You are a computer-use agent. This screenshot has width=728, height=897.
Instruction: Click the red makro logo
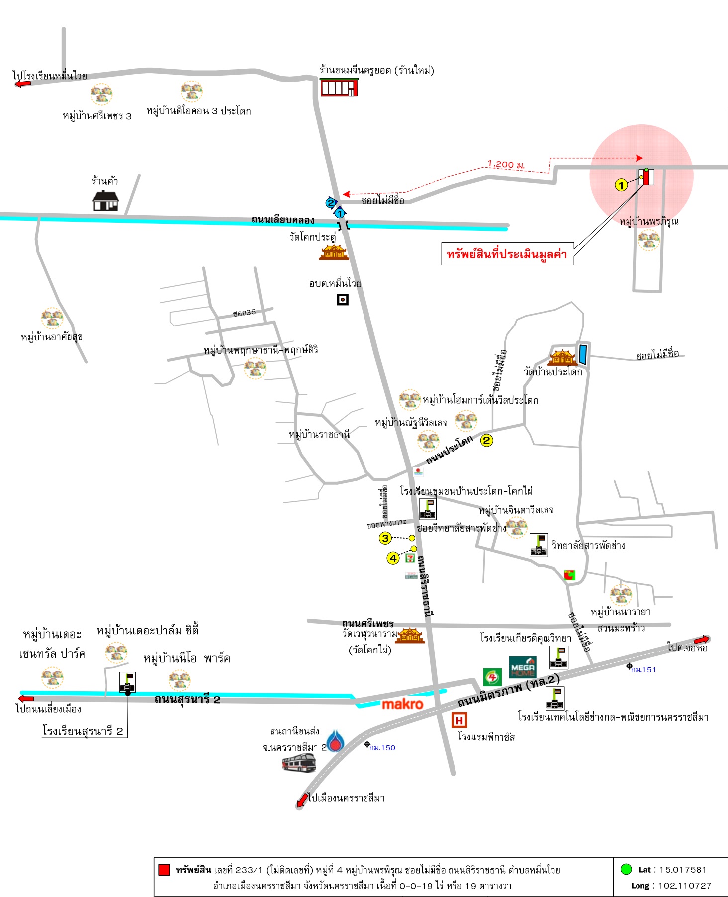point(402,704)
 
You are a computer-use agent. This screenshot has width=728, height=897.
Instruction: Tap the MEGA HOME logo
point(523,667)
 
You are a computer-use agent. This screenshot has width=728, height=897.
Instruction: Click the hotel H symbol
point(459,720)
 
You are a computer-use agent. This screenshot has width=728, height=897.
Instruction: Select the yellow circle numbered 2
point(486,440)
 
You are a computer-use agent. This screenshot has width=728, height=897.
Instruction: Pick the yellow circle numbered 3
point(385,538)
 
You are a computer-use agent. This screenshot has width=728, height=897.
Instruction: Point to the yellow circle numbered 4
point(393,558)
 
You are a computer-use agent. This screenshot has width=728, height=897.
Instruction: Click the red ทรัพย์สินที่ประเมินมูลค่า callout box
point(507,254)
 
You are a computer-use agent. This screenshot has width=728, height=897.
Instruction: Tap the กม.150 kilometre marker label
point(382,747)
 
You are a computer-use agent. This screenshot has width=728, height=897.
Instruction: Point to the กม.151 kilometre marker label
point(643,670)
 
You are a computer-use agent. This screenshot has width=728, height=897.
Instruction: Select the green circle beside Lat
point(626,869)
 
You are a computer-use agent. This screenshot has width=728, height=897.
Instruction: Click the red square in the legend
point(164,870)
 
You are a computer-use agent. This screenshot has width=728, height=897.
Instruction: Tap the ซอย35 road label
point(244,313)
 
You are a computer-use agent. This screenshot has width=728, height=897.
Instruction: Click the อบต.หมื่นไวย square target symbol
point(343,300)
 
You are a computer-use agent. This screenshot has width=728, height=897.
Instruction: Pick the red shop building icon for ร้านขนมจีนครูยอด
point(339,87)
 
